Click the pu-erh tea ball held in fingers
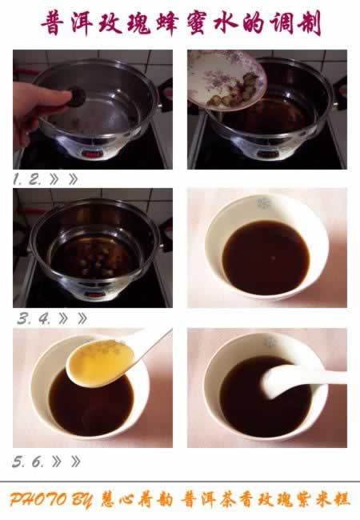tap(77, 97)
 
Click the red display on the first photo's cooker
tap(91, 154)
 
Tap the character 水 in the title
tap(226, 23)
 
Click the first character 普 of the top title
tap(54, 23)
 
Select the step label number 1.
tap(18, 180)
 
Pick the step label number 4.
tap(44, 319)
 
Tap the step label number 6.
tap(38, 462)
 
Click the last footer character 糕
tap(341, 499)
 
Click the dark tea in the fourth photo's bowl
tap(266, 257)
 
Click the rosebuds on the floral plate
tap(235, 90)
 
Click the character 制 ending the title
tap(310, 23)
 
